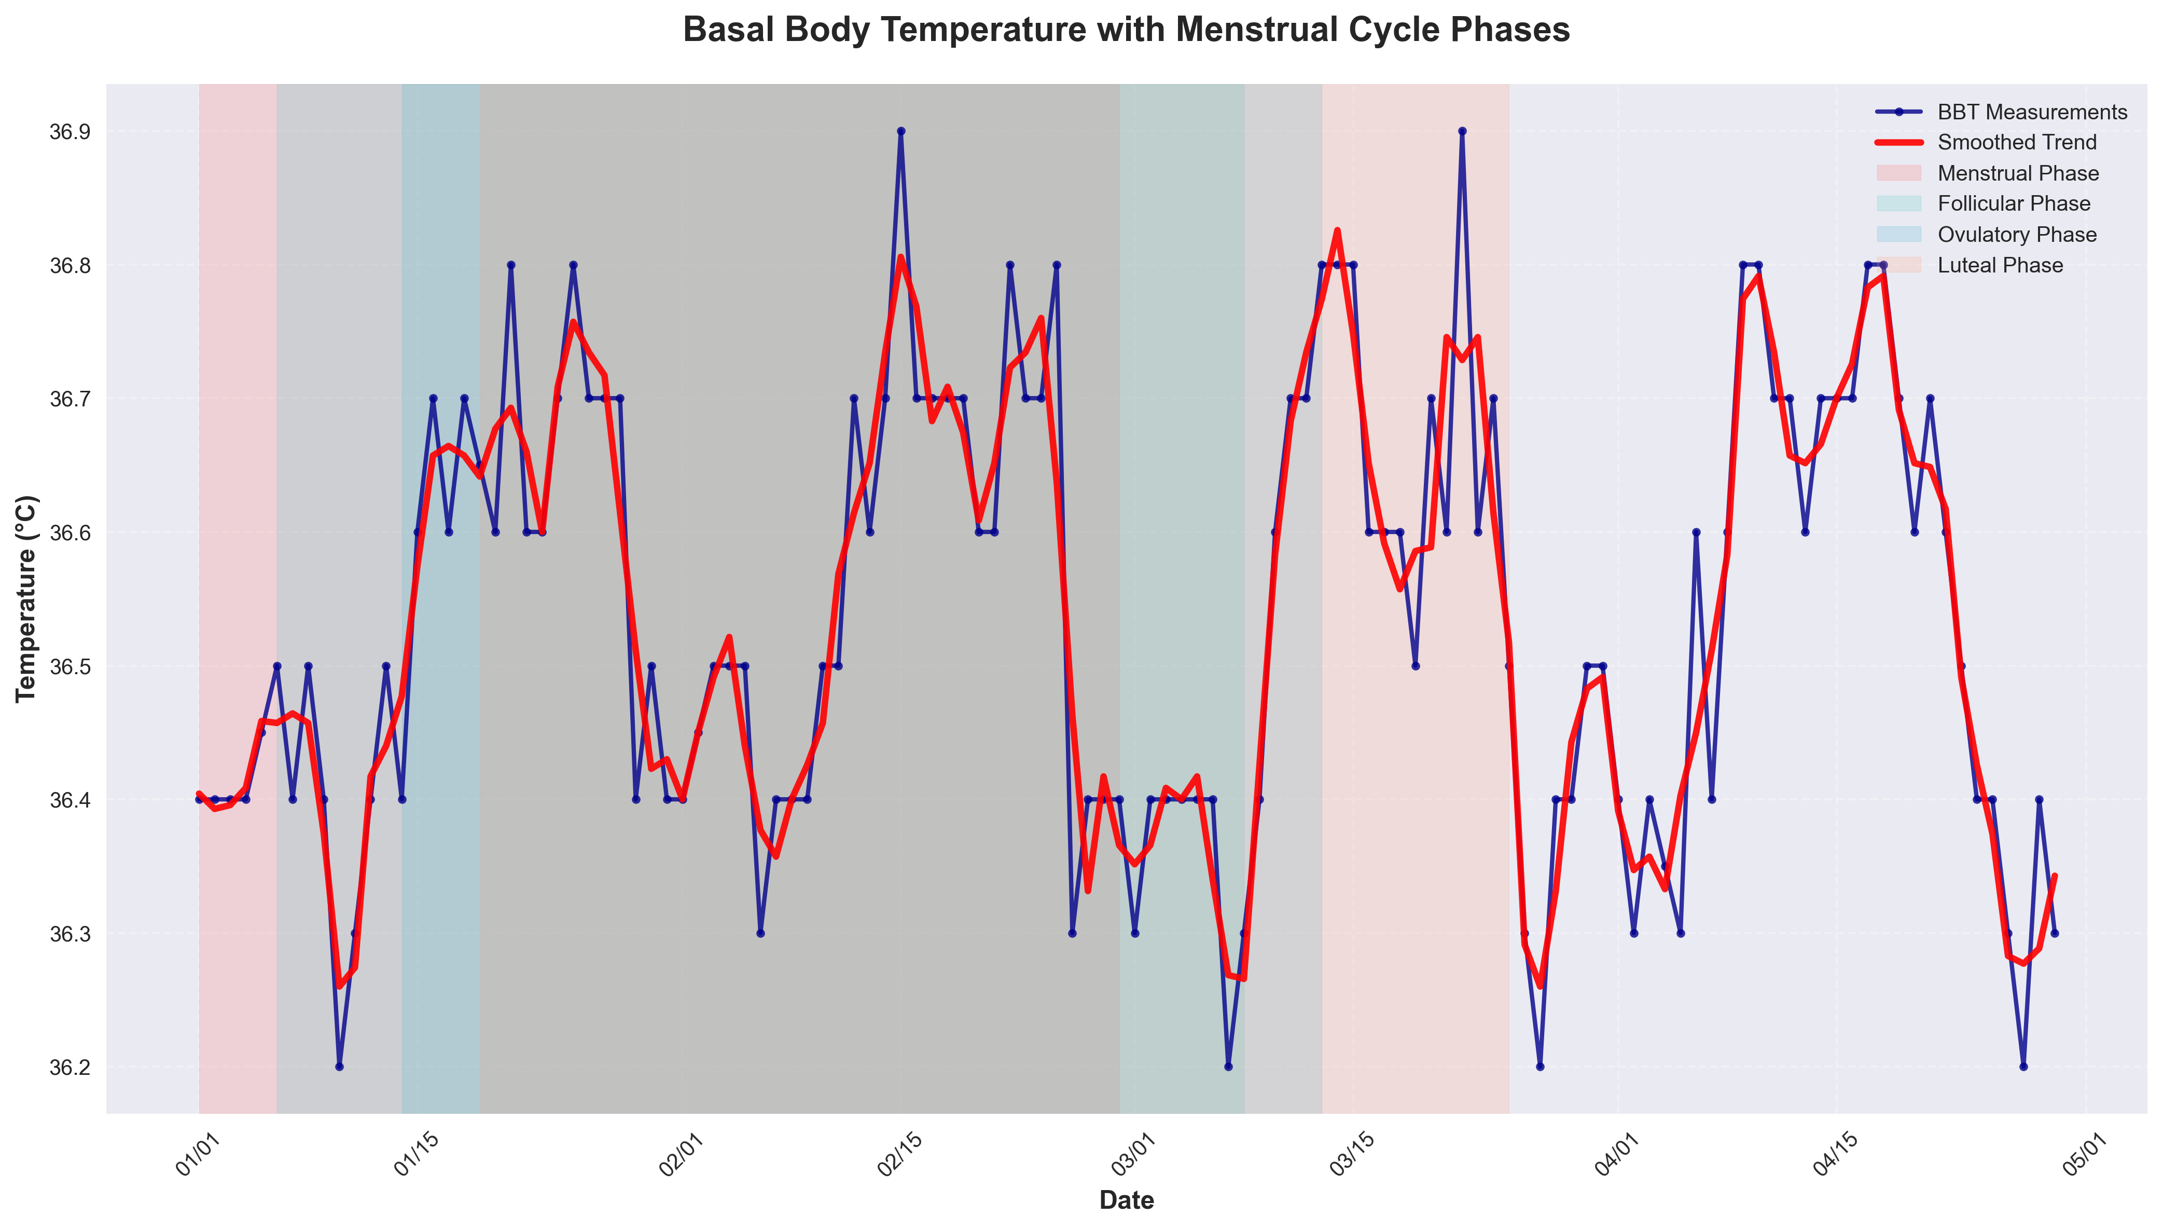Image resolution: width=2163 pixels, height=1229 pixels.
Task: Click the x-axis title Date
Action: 1126,1199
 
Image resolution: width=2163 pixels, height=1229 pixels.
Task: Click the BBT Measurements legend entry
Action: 2031,112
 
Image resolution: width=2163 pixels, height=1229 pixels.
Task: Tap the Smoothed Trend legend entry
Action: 2016,143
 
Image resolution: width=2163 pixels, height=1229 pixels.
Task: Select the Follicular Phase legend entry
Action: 2014,203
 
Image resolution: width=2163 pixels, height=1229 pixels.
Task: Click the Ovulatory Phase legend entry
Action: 2016,235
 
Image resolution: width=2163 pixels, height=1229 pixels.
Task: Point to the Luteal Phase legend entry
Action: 1999,265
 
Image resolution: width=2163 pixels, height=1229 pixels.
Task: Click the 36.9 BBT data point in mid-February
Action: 901,132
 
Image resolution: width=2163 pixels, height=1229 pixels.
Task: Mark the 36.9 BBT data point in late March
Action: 1462,132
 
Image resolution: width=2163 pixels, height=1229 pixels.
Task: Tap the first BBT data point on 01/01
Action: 199,799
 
